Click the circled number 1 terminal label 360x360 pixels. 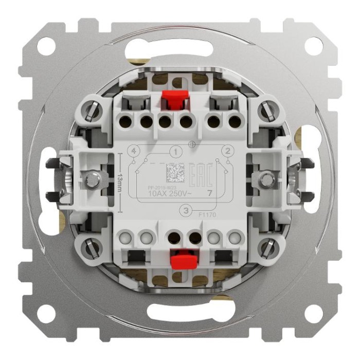coord(175,152)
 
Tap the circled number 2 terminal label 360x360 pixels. coord(225,151)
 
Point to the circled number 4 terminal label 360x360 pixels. coord(135,152)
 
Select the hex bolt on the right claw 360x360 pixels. coord(266,179)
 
